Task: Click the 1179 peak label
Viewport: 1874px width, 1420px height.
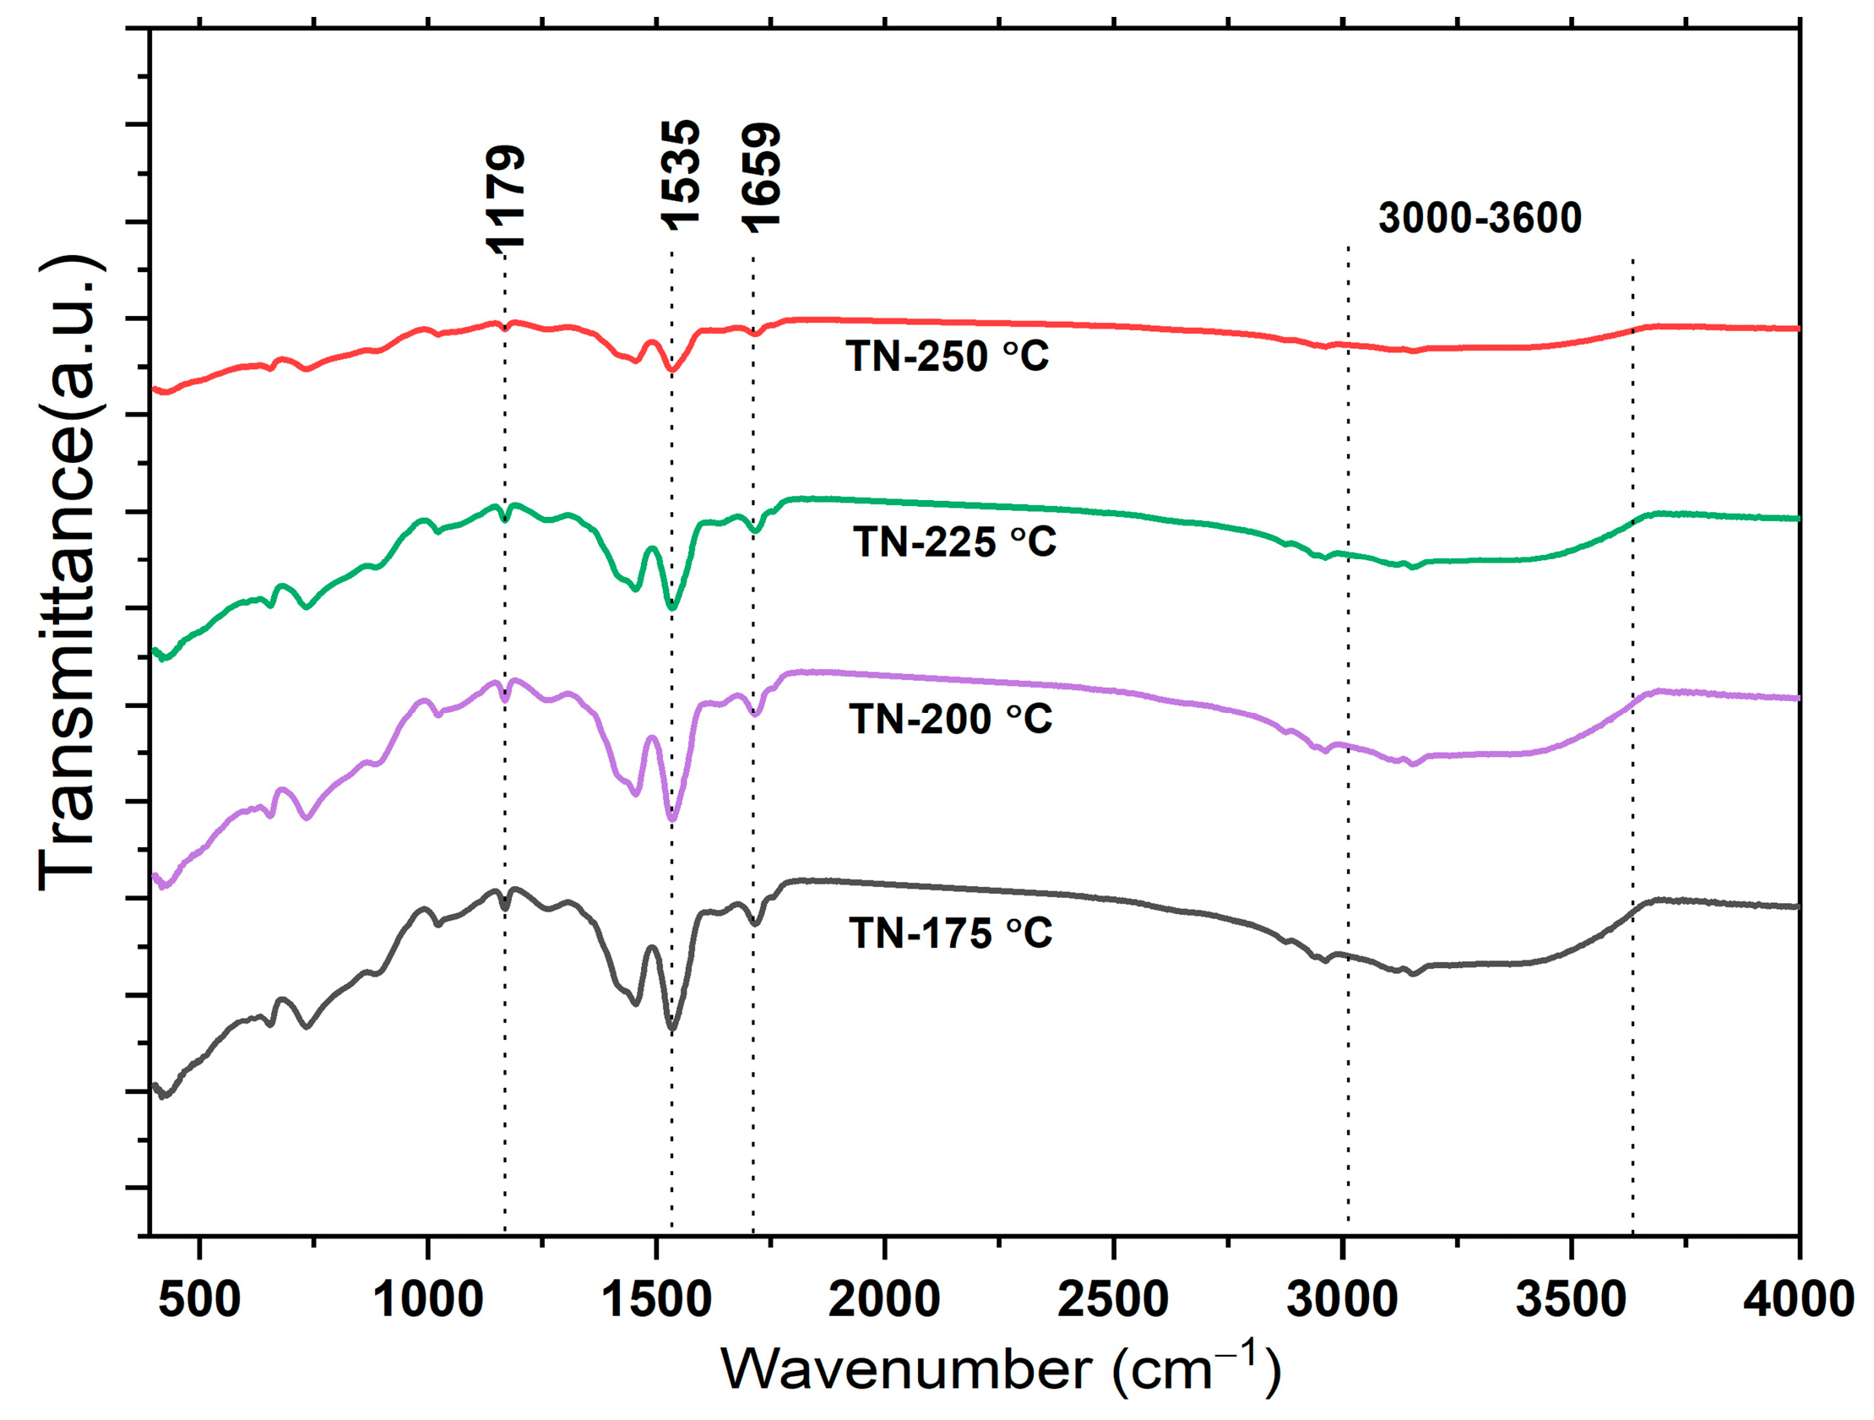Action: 506,199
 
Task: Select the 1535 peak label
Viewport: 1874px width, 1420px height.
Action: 682,175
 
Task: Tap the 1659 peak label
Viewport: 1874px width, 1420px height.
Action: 761,177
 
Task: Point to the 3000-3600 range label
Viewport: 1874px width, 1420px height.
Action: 1480,218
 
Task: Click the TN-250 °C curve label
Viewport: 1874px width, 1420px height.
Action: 948,356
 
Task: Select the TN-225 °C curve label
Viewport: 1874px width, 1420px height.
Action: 955,541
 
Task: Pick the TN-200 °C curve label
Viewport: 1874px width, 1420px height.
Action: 951,720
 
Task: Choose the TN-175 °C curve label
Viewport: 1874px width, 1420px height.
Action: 951,933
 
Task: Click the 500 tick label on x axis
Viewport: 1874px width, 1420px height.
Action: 200,1299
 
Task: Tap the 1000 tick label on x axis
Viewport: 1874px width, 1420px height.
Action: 428,1299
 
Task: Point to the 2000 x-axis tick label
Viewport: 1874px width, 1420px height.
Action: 884,1299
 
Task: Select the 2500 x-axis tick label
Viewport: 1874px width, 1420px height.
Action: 1112,1299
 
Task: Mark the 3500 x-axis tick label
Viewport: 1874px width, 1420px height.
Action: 1571,1299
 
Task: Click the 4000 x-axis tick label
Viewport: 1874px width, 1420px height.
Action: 1798,1299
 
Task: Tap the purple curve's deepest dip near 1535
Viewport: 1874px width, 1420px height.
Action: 673,819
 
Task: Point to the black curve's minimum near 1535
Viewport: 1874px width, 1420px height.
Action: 673,1029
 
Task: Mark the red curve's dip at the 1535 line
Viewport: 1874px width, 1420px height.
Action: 672,370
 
